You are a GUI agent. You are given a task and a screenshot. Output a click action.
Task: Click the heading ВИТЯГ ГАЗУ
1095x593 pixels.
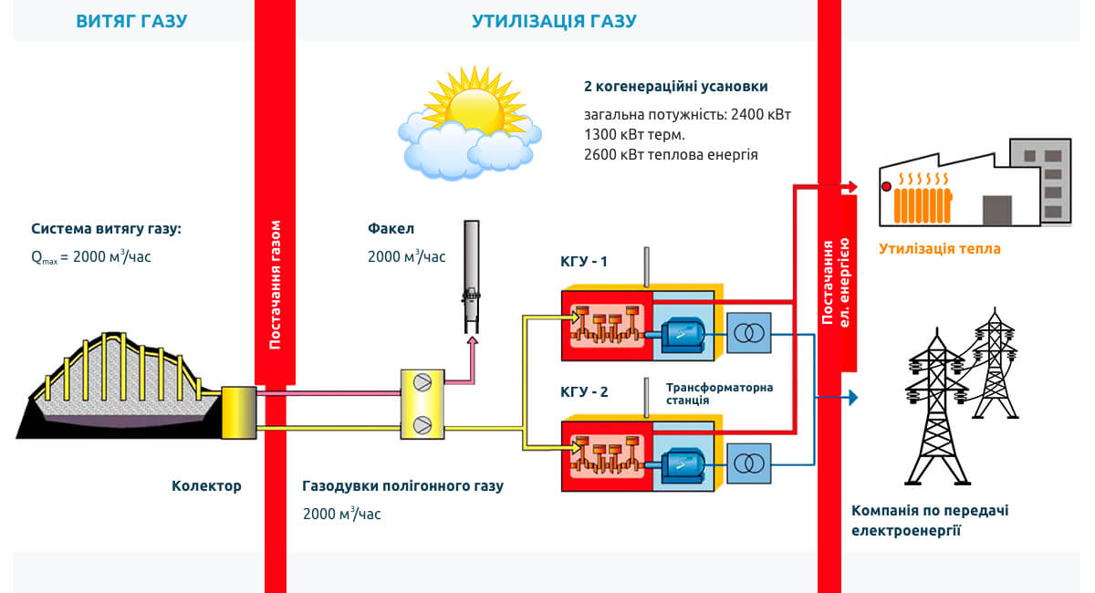tap(131, 21)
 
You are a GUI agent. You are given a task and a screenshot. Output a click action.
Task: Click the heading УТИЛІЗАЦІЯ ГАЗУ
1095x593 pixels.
tap(554, 21)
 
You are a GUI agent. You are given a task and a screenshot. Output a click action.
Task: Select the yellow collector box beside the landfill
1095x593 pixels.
tap(239, 412)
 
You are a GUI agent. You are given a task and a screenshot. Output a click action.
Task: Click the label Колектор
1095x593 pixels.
tap(206, 485)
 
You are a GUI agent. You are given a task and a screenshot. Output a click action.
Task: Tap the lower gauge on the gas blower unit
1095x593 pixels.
tap(422, 423)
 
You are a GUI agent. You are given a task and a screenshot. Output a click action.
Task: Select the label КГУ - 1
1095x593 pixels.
tap(584, 263)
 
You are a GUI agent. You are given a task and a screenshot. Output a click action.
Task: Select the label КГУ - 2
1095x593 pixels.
tap(584, 393)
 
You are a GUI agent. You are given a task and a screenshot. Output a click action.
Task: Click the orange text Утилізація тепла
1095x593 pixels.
tap(940, 248)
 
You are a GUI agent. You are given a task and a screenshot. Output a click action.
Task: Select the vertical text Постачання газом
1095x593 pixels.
tap(276, 285)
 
